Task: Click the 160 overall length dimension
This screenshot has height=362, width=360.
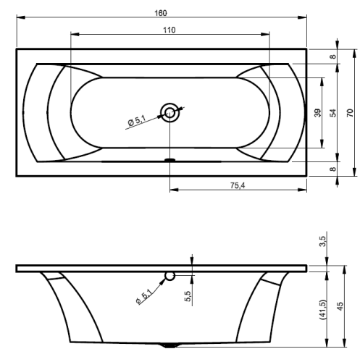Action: click(161, 13)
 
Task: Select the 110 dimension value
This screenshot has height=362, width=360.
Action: click(169, 30)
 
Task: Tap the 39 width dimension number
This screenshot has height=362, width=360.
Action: click(318, 113)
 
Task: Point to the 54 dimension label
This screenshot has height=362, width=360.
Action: click(333, 113)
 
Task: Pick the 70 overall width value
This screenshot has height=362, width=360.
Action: click(351, 113)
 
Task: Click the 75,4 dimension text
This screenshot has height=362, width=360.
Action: click(238, 185)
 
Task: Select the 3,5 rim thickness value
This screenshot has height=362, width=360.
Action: click(322, 241)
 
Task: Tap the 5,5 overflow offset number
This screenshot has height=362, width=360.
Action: click(188, 296)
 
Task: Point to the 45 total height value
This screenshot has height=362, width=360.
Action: click(340, 306)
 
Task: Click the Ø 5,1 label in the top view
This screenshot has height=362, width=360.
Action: click(137, 120)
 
